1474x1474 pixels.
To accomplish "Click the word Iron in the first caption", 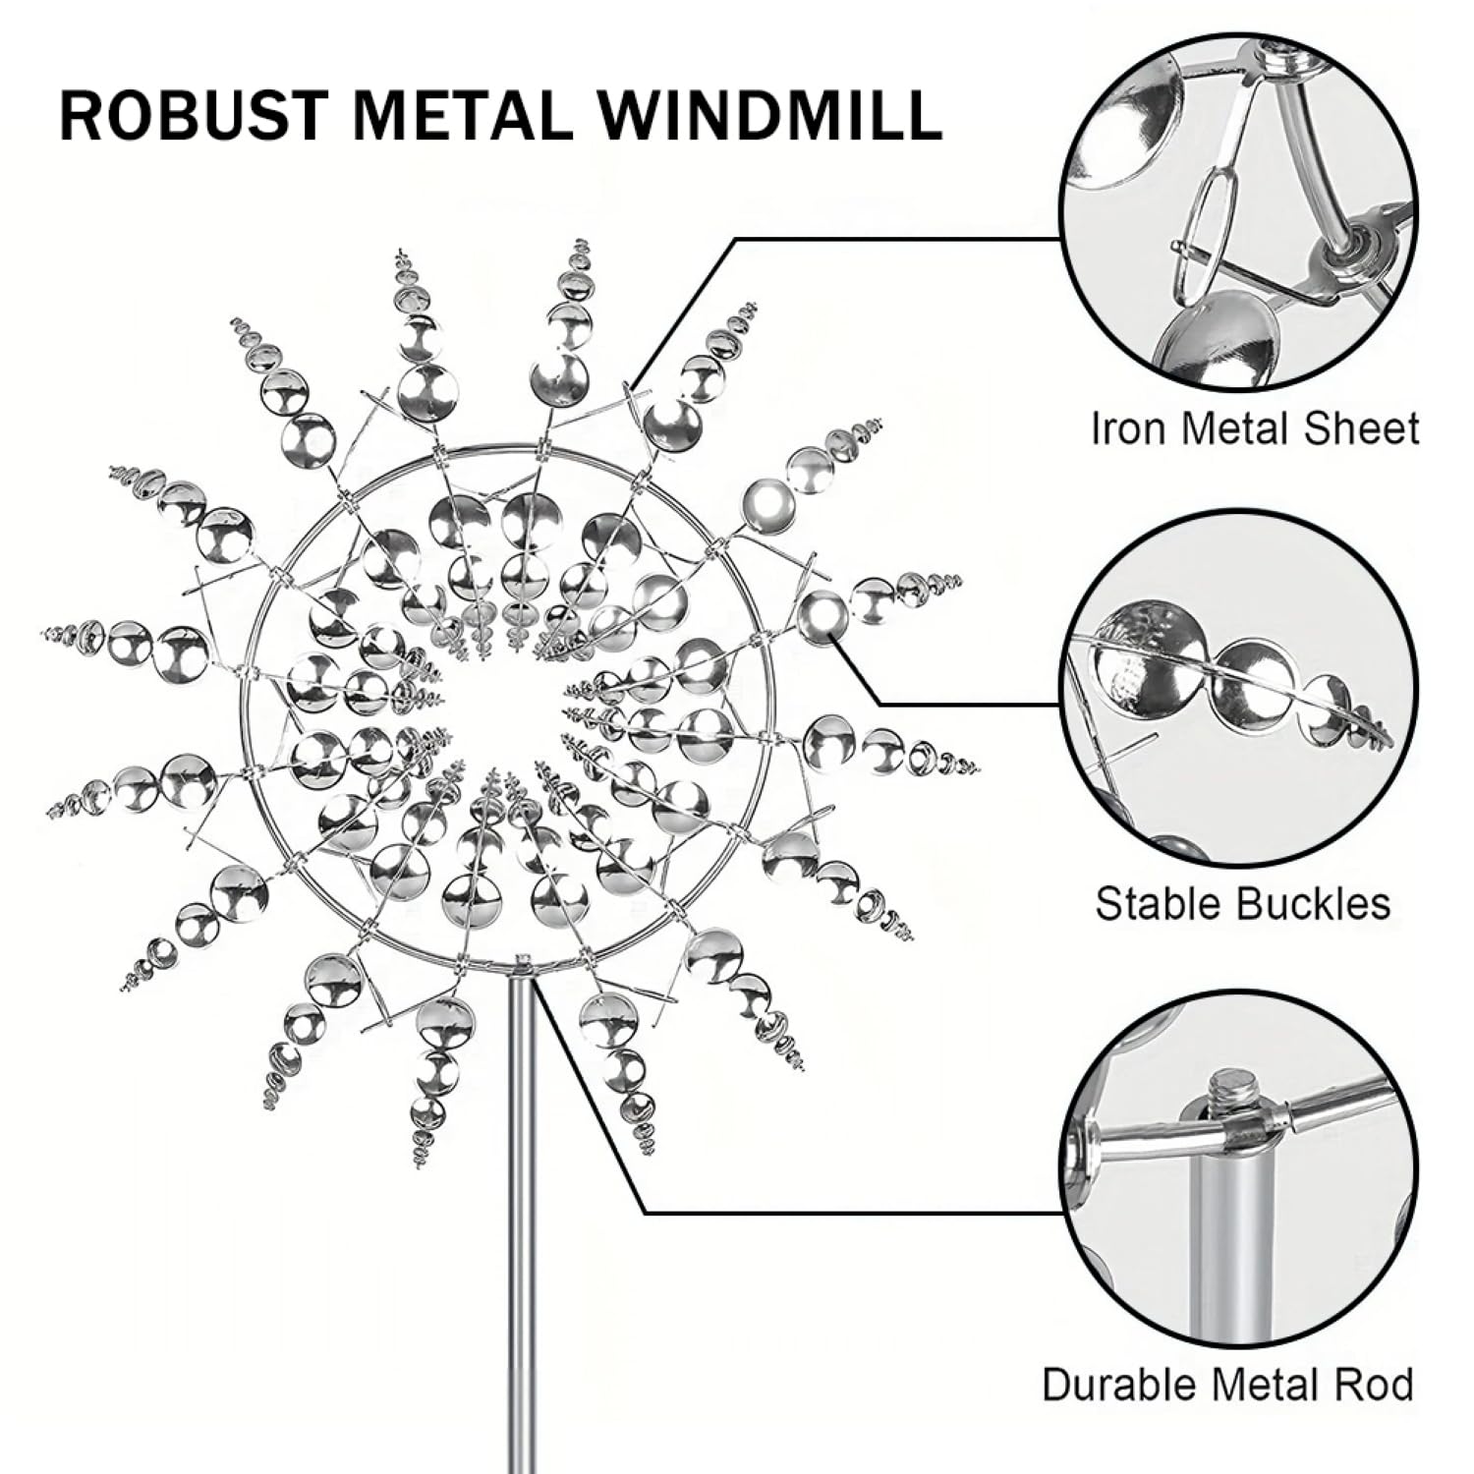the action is (1129, 429).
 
